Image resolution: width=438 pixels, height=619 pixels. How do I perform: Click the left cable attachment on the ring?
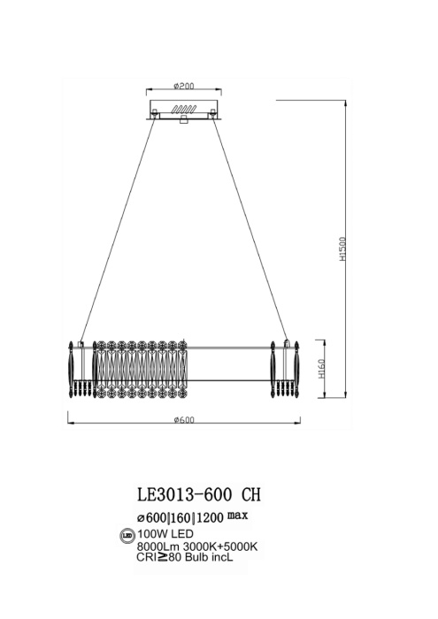pos(81,343)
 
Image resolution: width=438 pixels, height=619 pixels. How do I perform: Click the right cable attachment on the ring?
pos(285,343)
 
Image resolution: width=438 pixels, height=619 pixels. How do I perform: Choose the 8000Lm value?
pos(152,547)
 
